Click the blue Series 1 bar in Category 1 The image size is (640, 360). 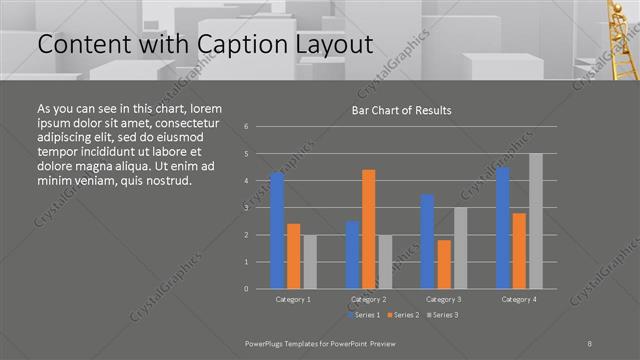pos(277,231)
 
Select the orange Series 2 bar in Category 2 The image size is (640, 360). pos(369,229)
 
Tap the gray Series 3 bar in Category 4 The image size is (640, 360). pos(536,221)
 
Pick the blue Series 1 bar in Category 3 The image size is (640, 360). pos(427,241)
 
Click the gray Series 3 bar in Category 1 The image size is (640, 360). pos(310,262)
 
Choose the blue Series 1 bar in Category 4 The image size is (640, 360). pos(503,228)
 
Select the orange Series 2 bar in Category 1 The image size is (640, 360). pos(293,256)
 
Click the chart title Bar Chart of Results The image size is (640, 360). pos(401,110)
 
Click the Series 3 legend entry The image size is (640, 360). pos(442,315)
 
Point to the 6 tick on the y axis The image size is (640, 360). pos(247,127)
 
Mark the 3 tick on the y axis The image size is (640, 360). pos(247,208)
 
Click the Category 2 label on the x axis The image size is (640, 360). pos(369,299)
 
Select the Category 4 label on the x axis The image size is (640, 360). pos(519,299)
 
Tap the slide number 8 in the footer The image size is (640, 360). pos(590,341)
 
